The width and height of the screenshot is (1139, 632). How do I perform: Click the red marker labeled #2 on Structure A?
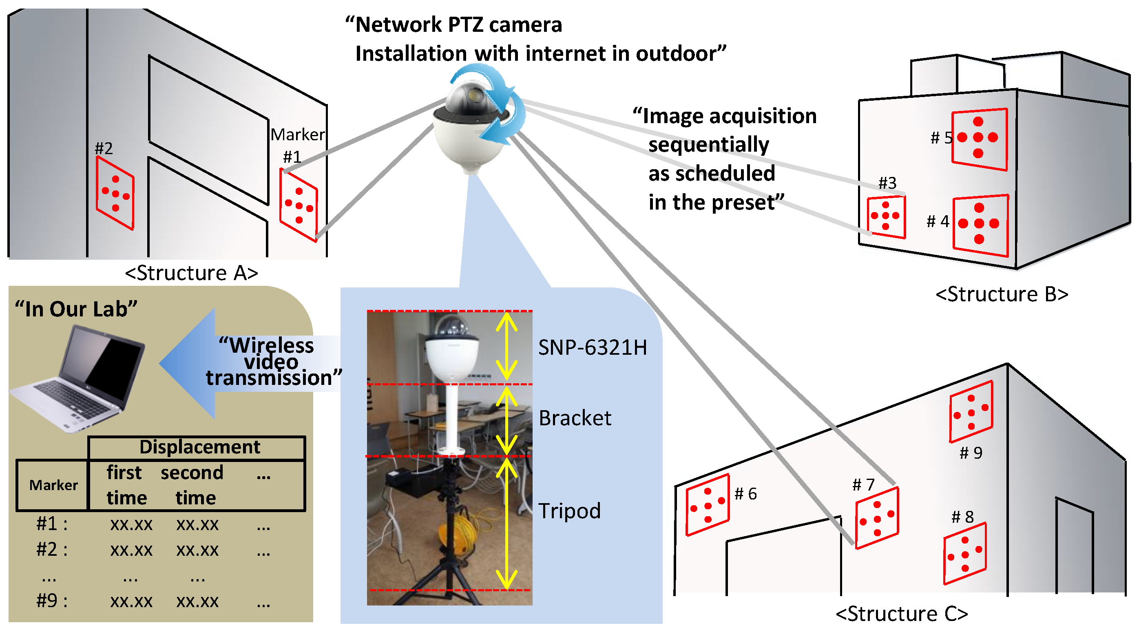(x=115, y=193)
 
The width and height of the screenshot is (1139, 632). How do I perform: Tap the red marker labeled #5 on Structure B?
(x=980, y=138)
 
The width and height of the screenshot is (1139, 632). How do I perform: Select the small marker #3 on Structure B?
(x=886, y=216)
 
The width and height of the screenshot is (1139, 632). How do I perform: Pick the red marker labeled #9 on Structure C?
(x=971, y=411)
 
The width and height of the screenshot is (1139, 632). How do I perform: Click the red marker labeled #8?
(x=965, y=553)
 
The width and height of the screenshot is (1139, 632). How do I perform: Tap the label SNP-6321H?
(x=592, y=347)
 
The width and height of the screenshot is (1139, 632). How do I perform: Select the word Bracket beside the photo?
(x=575, y=418)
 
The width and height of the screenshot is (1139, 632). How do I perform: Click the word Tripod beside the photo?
(x=569, y=511)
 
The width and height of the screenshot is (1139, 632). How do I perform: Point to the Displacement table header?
(x=200, y=447)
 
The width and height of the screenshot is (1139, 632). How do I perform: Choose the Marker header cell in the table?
(x=53, y=485)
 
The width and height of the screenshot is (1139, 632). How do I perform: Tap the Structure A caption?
(x=191, y=273)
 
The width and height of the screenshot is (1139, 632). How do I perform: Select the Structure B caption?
(x=1002, y=294)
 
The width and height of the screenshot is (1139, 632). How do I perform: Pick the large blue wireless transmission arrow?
(x=195, y=363)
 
